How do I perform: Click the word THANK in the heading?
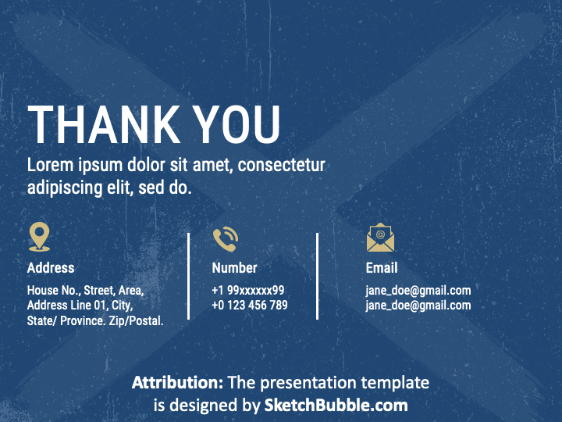tap(104, 124)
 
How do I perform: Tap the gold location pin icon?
tap(40, 237)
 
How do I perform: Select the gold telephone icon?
tap(226, 238)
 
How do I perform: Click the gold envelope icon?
tap(380, 238)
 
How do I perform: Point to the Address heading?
tap(51, 268)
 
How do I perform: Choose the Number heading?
tap(234, 268)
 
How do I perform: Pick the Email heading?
tap(382, 268)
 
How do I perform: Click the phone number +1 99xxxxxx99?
tap(248, 290)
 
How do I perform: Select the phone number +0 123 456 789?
tap(250, 305)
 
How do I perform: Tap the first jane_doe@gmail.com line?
tap(418, 290)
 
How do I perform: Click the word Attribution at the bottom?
tap(178, 382)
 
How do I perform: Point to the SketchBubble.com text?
tap(336, 405)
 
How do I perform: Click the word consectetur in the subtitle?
tap(282, 165)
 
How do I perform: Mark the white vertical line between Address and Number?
tap(189, 276)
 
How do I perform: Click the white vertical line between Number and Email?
tap(317, 276)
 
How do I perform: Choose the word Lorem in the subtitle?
tap(50, 165)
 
